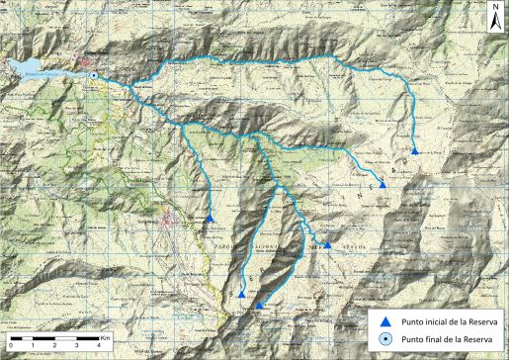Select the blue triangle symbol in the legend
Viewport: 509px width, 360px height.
pos(387,321)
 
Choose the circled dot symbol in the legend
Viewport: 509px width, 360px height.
pos(387,340)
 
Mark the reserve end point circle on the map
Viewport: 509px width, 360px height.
pos(93,75)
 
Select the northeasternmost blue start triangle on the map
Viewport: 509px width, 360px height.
pos(414,151)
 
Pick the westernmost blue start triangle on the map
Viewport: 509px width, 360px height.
pos(212,218)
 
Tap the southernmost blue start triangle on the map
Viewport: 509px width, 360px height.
pos(259,306)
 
